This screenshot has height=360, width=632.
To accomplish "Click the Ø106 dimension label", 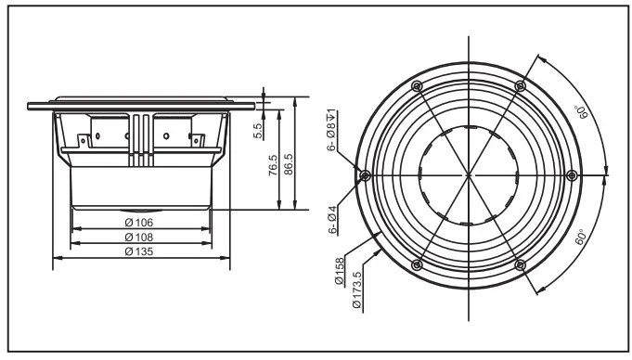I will click(140, 223).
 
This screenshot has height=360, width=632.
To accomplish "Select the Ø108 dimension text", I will click(140, 238).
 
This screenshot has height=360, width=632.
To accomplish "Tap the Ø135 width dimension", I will click(140, 252).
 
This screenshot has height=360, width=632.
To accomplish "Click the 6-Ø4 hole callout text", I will click(331, 219).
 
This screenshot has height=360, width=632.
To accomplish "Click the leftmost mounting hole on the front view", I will click(365, 175).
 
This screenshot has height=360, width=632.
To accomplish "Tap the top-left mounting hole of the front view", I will click(417, 86).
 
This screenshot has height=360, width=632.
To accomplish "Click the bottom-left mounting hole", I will click(417, 264).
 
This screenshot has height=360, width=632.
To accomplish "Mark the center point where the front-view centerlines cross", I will click(469, 175).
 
